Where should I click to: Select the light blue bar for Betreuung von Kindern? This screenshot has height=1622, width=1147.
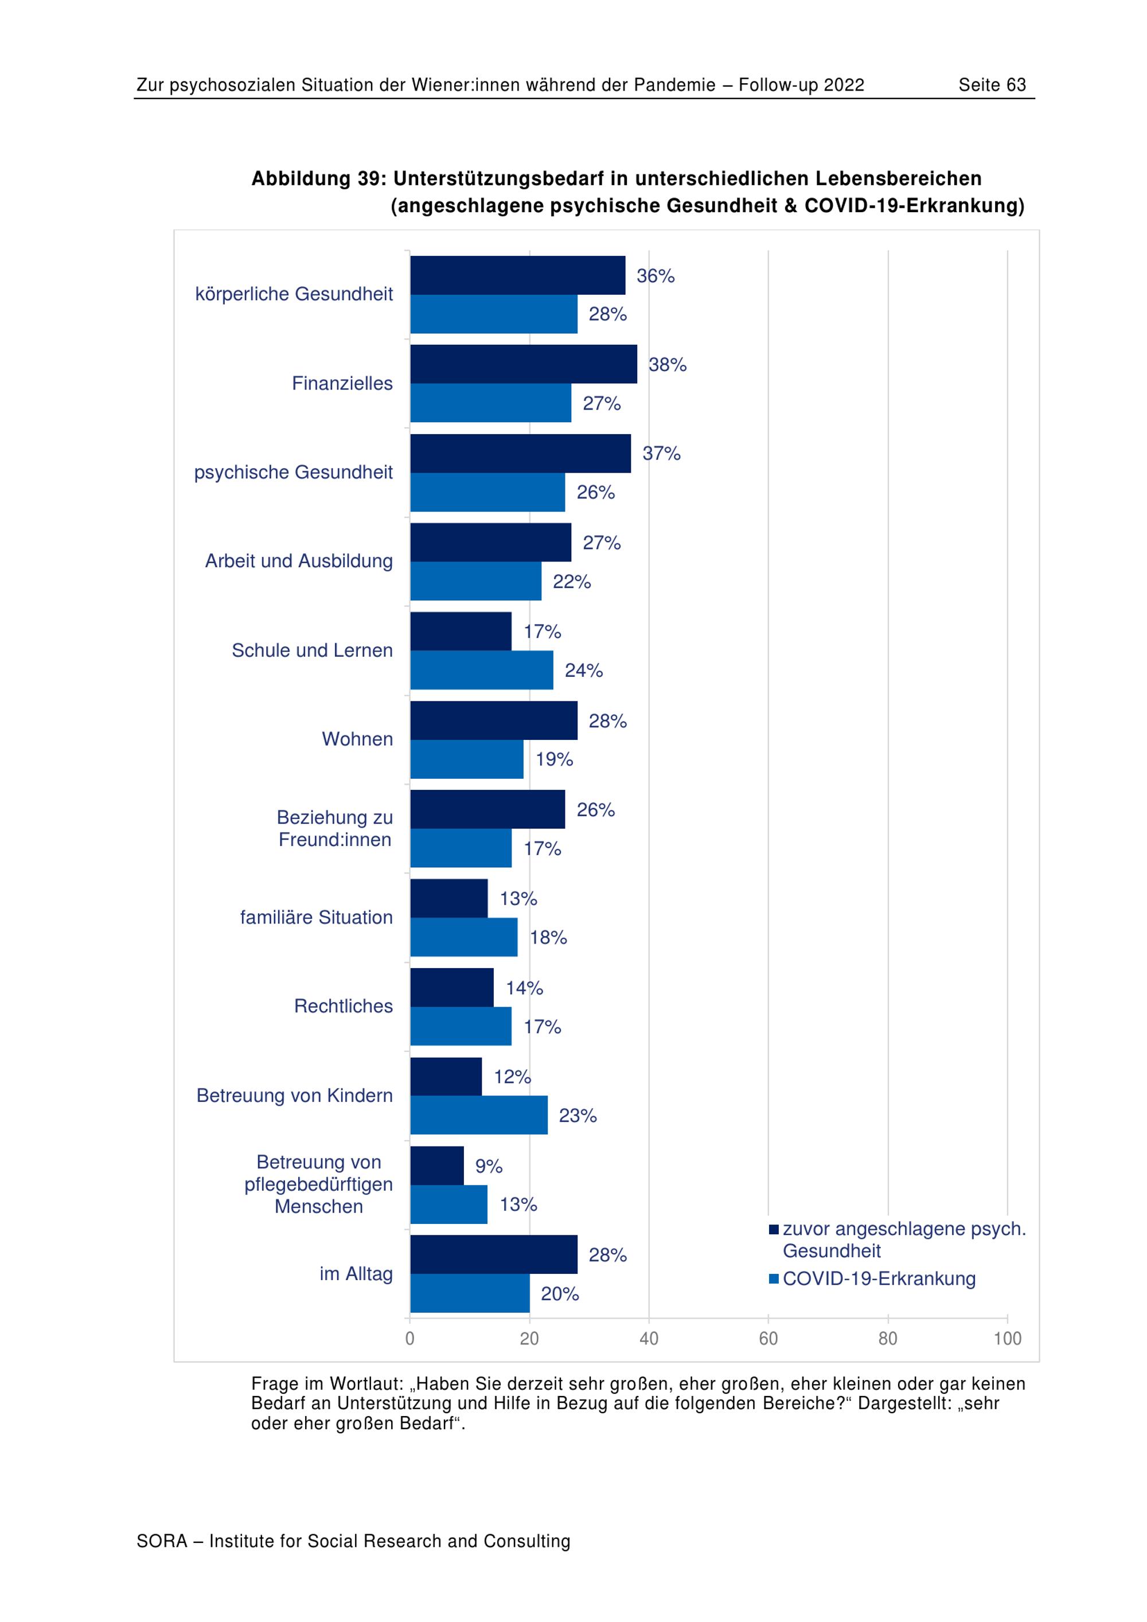[x=478, y=1115]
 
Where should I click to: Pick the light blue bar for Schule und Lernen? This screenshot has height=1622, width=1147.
[x=481, y=670]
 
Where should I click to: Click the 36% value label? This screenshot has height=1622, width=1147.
[x=656, y=276]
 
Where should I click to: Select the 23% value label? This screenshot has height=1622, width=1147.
[x=578, y=1116]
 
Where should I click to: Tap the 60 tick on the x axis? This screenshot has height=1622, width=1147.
[x=768, y=1338]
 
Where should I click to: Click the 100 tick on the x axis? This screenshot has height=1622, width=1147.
[x=1007, y=1338]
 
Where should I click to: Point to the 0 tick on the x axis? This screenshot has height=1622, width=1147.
[x=409, y=1338]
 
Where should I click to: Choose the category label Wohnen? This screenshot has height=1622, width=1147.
[x=357, y=739]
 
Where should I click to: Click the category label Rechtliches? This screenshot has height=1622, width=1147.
[x=344, y=1006]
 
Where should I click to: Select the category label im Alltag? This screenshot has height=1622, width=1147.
[x=356, y=1274]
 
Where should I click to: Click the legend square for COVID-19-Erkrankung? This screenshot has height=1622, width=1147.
[x=774, y=1278]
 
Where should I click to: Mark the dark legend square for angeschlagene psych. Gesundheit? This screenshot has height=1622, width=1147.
[x=774, y=1229]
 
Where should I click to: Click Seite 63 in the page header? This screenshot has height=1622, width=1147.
[x=992, y=85]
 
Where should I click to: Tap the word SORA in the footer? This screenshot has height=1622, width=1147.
[x=162, y=1542]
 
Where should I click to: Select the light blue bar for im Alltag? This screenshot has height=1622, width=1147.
[x=470, y=1293]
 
